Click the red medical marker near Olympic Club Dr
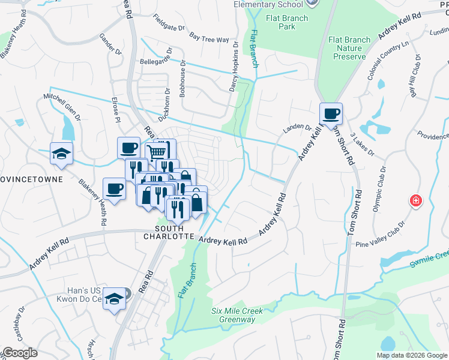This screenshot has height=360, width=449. (x=415, y=200)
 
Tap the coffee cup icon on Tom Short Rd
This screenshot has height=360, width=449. (x=331, y=113)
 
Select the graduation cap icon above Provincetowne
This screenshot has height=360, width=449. (x=61, y=154)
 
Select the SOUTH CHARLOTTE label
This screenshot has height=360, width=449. (x=174, y=232)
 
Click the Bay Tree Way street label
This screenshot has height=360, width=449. (x=209, y=38)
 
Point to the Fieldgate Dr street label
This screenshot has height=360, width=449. (x=169, y=23)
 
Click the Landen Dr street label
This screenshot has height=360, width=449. (x=297, y=127)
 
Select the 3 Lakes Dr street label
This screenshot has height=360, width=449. (x=362, y=144)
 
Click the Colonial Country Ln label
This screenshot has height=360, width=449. (x=388, y=62)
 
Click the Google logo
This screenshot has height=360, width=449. (x=20, y=353)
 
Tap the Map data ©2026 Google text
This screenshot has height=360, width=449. (x=411, y=355)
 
